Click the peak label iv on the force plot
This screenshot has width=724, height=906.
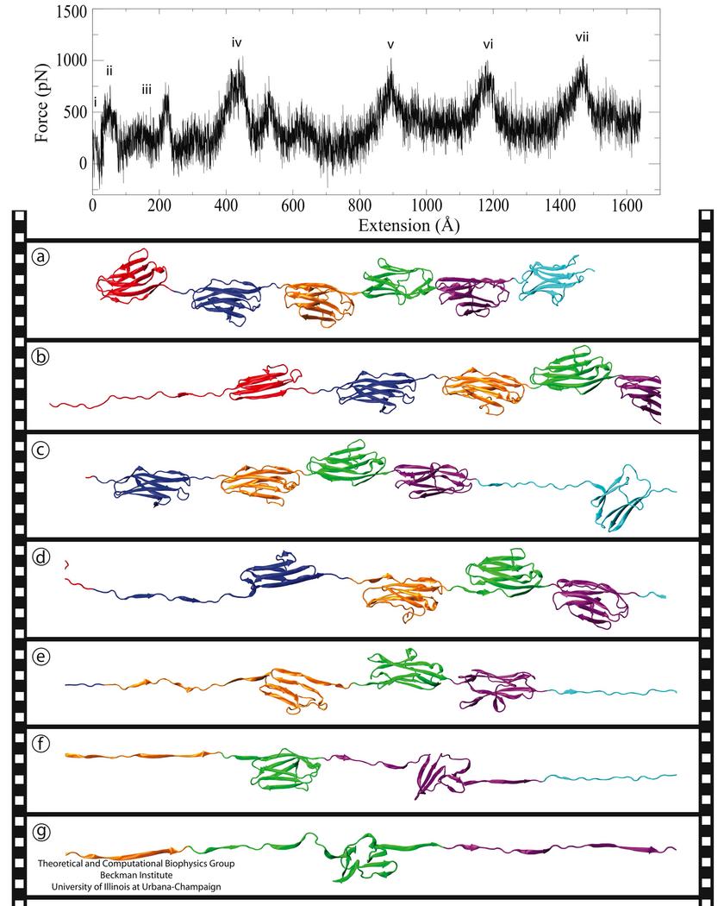tap(237, 42)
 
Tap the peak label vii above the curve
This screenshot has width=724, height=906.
tap(582, 37)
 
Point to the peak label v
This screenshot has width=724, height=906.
tap(390, 45)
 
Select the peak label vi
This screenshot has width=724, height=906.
tap(488, 44)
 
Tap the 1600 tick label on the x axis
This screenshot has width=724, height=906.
tap(626, 207)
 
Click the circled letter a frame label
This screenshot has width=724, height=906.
tap(41, 256)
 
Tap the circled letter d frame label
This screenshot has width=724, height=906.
tap(41, 557)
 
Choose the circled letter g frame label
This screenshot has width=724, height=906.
tap(41, 832)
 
